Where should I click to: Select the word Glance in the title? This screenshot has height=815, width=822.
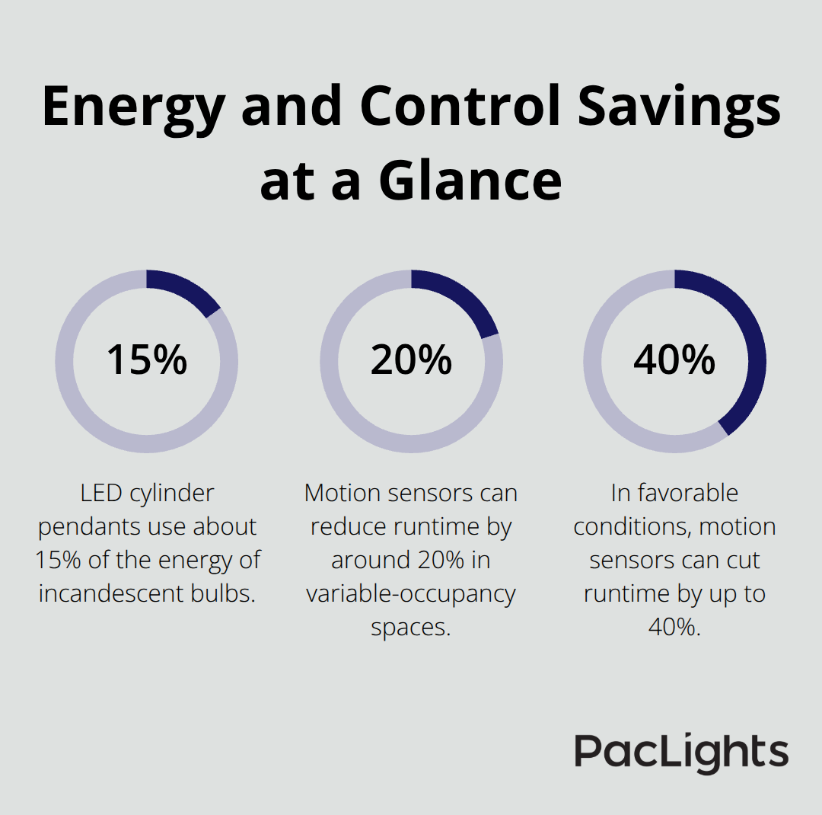pyautogui.click(x=470, y=181)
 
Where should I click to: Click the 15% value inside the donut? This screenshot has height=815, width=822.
pyautogui.click(x=146, y=360)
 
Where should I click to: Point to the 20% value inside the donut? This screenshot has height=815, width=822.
pyautogui.click(x=411, y=360)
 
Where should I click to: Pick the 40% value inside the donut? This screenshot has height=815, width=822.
pyautogui.click(x=674, y=360)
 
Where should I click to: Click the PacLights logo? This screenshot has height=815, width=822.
pyautogui.click(x=681, y=753)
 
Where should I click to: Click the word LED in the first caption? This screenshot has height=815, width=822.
pyautogui.click(x=101, y=494)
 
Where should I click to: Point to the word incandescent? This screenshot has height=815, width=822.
pyautogui.click(x=124, y=594)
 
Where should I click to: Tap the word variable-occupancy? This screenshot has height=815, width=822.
pyautogui.click(x=411, y=594)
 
